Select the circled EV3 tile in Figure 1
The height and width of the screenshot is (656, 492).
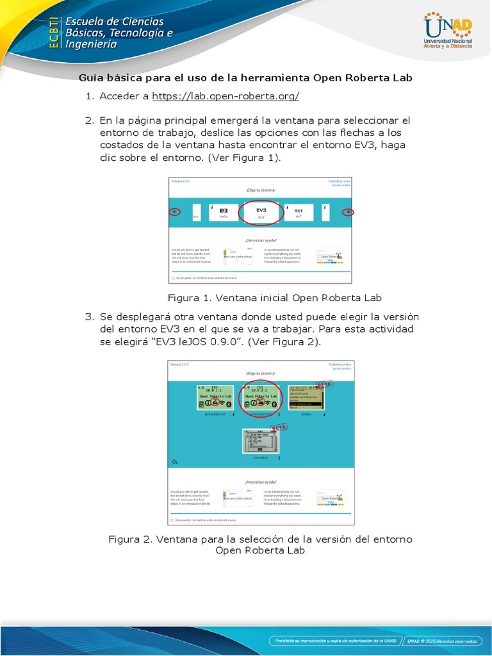point(261,212)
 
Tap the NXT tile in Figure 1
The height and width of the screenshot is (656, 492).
point(299,213)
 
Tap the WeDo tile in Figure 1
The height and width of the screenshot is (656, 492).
point(224,213)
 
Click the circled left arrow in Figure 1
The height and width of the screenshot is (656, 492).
point(174,212)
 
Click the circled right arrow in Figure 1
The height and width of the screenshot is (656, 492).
point(348,212)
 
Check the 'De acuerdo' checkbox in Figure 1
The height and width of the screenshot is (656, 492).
point(173,278)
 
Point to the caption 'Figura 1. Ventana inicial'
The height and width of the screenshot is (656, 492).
point(274,298)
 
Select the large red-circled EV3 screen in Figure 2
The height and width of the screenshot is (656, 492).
point(261,398)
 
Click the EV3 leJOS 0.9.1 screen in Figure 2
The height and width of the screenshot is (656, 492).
point(215,398)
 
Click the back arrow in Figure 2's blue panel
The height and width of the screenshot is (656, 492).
point(174,461)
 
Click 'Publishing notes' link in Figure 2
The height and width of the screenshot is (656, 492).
point(340,364)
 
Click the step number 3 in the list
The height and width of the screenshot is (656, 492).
point(89,317)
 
